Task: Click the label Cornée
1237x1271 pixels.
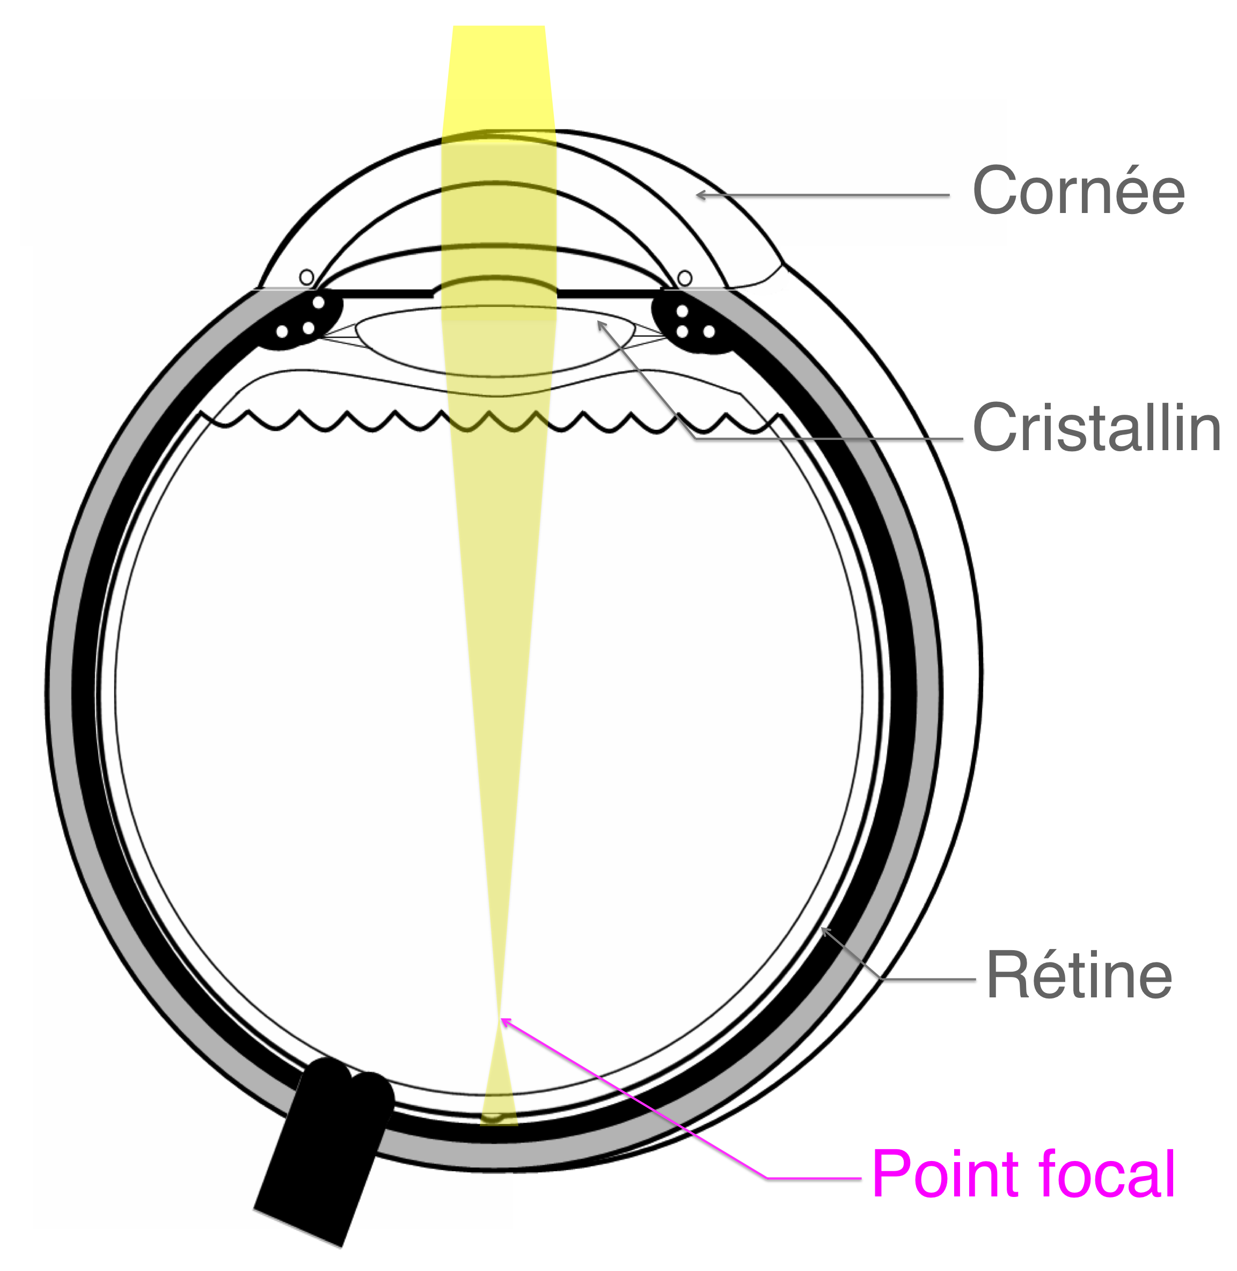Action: pos(1079,190)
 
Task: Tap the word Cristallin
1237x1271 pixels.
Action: pos(1097,428)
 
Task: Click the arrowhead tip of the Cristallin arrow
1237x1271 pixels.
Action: pos(598,322)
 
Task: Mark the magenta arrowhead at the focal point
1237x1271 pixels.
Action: pos(502,1020)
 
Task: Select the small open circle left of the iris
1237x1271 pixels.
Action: pos(306,278)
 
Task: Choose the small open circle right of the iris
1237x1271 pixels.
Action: pos(685,278)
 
